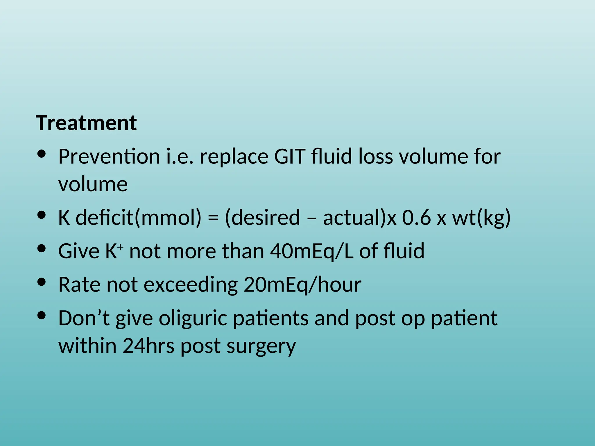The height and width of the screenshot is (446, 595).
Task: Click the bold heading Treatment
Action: [86, 123]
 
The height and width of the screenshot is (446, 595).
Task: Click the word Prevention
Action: [109, 157]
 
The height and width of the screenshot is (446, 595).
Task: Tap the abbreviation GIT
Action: [290, 157]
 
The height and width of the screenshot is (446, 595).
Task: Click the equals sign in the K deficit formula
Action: [213, 218]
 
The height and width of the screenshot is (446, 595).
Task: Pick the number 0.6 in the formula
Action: [417, 218]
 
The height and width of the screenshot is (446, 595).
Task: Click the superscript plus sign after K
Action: [121, 246]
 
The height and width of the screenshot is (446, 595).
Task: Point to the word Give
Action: [79, 251]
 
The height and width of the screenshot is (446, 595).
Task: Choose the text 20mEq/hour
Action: [302, 285]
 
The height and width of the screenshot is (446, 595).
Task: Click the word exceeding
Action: [191, 285]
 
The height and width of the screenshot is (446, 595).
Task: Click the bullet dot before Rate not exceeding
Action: [42, 282]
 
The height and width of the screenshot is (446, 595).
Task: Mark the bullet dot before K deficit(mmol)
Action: [42, 215]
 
